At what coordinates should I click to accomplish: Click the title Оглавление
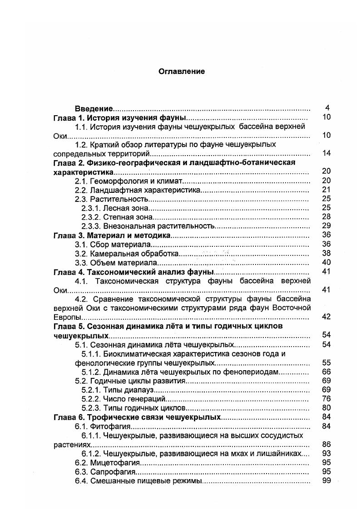tap(182, 71)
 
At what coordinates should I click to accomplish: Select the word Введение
tap(94, 108)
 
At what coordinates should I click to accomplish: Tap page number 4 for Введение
tap(327, 108)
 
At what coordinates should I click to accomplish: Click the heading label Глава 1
tap(68, 117)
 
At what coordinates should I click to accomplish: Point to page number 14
tap(326, 153)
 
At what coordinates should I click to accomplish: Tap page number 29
tap(326, 226)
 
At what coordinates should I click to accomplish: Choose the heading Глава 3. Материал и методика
tap(112, 235)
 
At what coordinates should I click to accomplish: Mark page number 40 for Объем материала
tap(326, 262)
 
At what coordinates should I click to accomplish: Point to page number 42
tap(326, 317)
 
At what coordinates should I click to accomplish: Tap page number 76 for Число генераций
tap(326, 399)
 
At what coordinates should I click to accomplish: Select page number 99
tap(326, 481)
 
